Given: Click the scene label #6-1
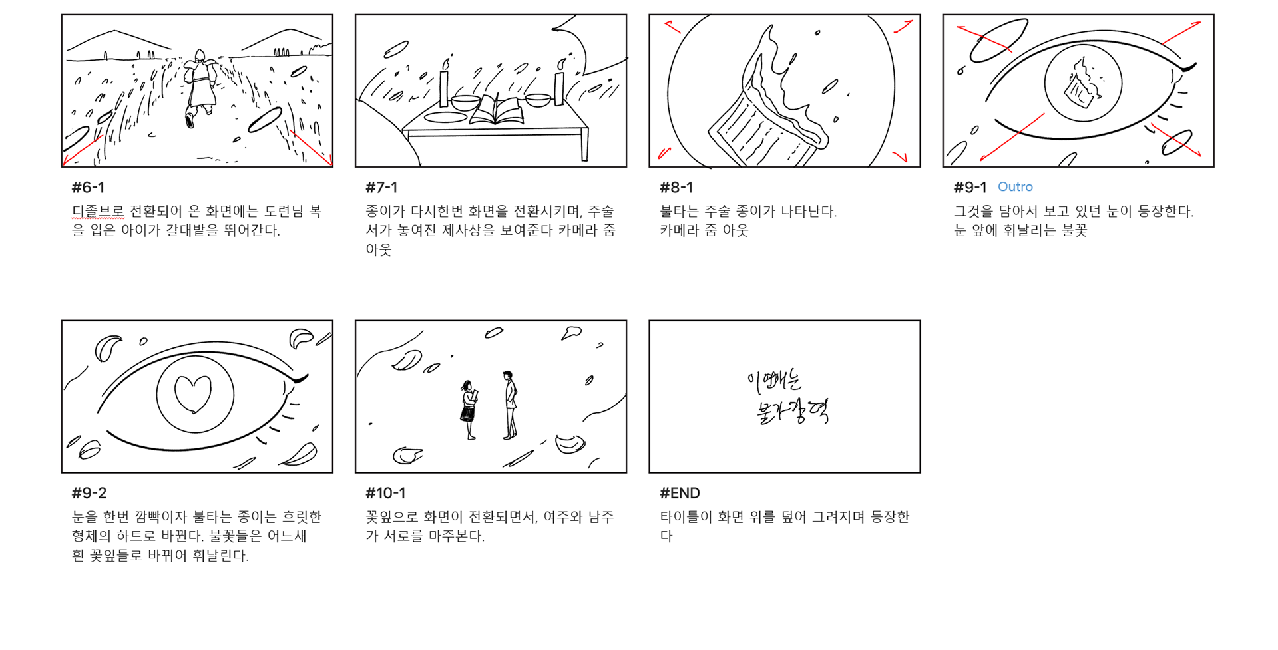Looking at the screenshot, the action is pos(88,188).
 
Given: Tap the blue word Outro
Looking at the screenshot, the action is pos(1015,187).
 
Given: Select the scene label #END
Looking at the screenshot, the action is pos(680,493).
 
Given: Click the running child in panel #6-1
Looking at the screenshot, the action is pos(199,87).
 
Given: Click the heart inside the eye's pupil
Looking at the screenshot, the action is pos(193,394).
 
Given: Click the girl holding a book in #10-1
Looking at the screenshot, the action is pos(469,410).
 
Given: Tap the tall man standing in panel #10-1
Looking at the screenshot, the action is pos(509,405).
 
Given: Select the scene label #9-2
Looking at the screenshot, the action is pos(89,493).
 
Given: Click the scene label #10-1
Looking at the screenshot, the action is pos(385,493).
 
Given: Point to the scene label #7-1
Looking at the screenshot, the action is pos(381,188).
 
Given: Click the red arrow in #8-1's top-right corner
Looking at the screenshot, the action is pos(904,27).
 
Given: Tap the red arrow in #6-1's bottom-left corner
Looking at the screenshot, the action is pos(81,150).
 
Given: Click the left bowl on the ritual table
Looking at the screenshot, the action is pos(465,102).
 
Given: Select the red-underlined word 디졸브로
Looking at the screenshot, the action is pos(98,212).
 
